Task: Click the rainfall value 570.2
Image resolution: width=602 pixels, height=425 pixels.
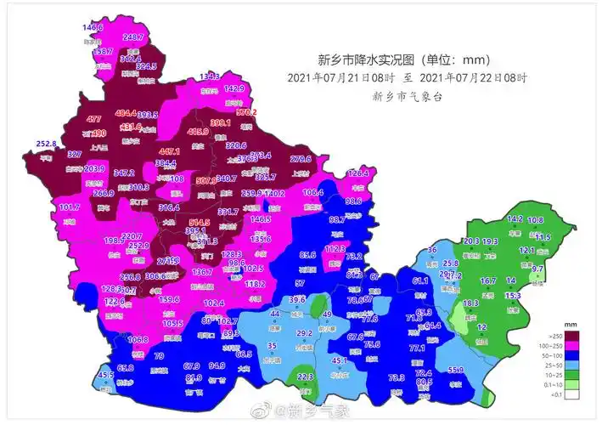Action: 246,112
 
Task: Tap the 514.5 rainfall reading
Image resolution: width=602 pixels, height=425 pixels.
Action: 200,223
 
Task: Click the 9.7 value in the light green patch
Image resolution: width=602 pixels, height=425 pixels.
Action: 537,269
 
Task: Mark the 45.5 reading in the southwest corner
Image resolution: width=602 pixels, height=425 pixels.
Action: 105,375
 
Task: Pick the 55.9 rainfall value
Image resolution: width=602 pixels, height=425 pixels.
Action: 456,370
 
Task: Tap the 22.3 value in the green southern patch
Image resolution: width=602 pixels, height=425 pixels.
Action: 306,377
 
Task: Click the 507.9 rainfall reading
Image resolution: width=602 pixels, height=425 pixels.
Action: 206,181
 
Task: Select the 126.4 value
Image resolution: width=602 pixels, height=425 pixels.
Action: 358,173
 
